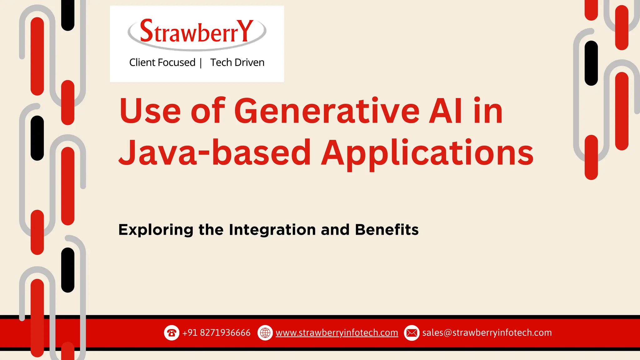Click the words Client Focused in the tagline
pos(162,62)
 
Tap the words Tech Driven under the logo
pos(237,62)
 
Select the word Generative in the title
pos(327,111)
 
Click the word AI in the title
pos(445,111)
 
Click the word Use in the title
pos(150,111)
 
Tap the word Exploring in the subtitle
pos(155,230)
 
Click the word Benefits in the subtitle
pos(387,230)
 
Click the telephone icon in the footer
pos(172,333)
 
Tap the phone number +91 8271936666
pos(216,333)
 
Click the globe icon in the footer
pos(265,333)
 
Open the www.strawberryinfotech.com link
pos(337,333)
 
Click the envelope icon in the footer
pos(412,333)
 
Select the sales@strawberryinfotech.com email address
pos(487,333)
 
